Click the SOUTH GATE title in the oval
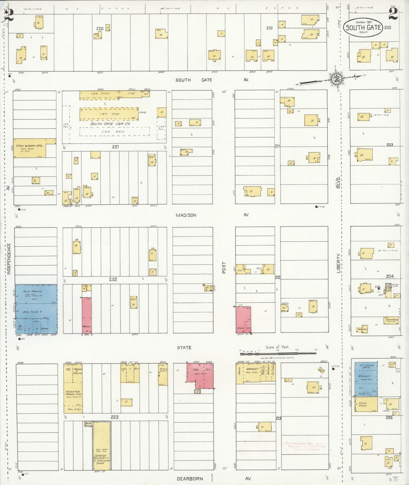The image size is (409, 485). tap(363, 27)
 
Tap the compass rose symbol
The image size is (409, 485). tap(337, 79)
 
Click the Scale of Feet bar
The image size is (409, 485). tap(278, 353)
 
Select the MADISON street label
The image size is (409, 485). tap(186, 215)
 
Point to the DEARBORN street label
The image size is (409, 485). tap(190, 479)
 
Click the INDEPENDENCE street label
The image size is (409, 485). tap(9, 259)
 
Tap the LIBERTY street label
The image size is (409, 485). tap(339, 263)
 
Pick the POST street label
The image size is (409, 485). tap(224, 267)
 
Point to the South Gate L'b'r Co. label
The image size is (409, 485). tap(110, 124)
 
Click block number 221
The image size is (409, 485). tap(115, 147)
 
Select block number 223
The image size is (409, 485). tap(114, 417)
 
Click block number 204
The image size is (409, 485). tap(389, 276)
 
